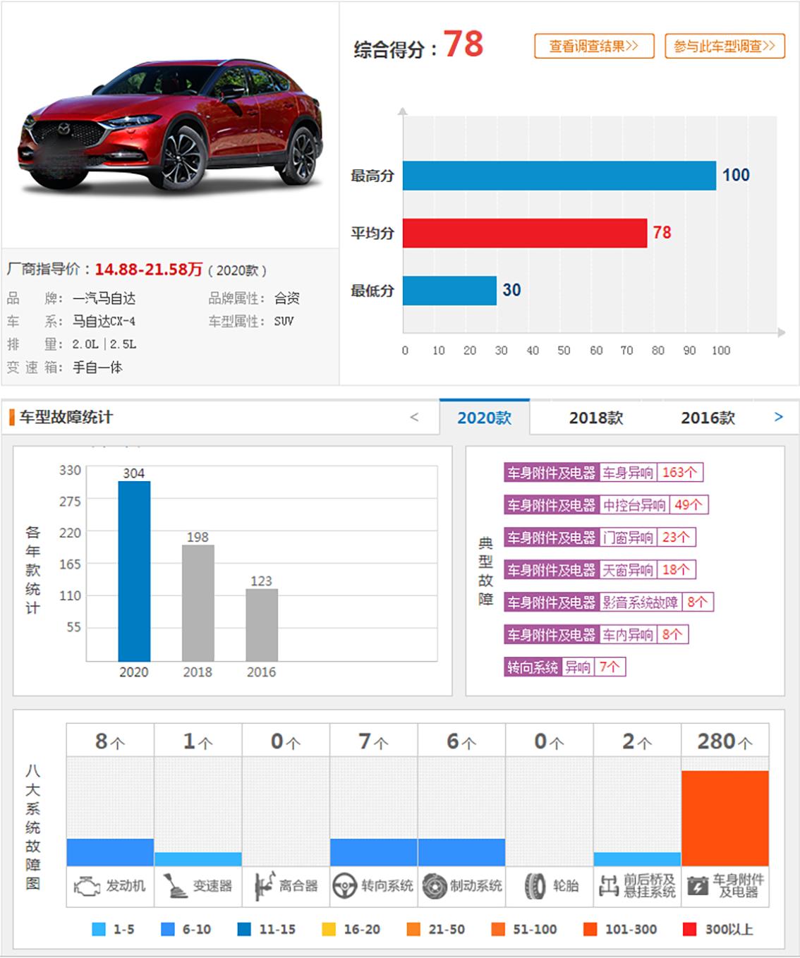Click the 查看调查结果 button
(594, 47)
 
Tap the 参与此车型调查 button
(725, 47)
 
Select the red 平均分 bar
(524, 233)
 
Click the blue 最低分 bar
(449, 290)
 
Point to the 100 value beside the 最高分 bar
(736, 175)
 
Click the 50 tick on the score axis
(564, 351)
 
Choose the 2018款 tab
(596, 418)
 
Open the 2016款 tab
(708, 418)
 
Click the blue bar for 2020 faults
(134, 571)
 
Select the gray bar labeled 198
(198, 602)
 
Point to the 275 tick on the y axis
(70, 502)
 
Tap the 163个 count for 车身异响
(679, 473)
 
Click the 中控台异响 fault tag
(634, 505)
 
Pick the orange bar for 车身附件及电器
(725, 818)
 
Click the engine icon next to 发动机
(87, 886)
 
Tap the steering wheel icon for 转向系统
(344, 886)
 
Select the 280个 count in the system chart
(725, 741)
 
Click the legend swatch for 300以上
(690, 929)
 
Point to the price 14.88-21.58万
(148, 269)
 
